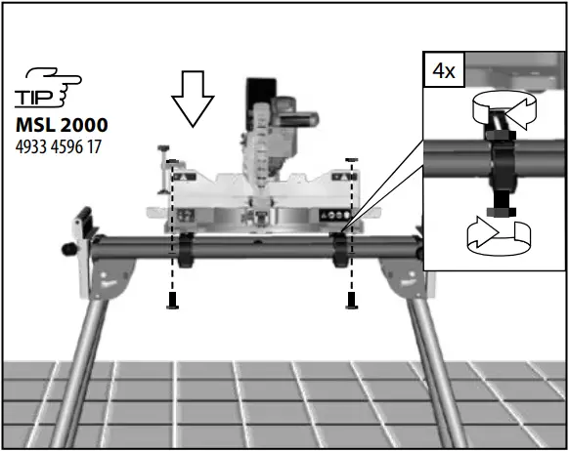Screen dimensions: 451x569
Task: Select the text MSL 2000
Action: (x=61, y=125)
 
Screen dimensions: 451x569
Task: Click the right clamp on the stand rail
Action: (x=338, y=248)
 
